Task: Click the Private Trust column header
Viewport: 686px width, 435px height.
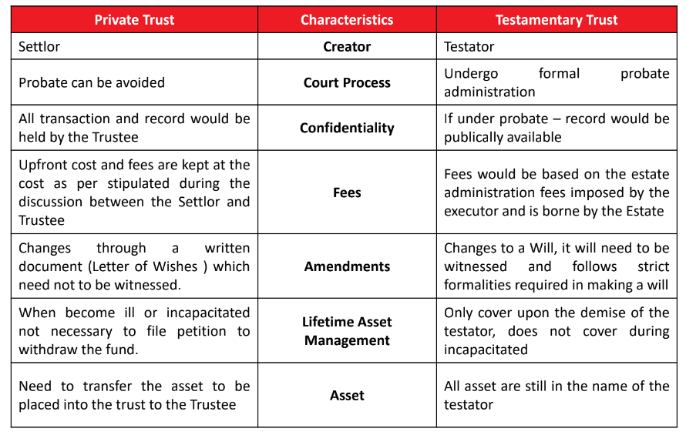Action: coord(134,20)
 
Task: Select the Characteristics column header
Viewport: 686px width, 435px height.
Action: coord(347,20)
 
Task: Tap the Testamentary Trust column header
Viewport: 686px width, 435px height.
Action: coord(557,20)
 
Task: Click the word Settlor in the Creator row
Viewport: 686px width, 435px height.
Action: coord(39,46)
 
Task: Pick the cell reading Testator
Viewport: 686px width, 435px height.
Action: coord(469,46)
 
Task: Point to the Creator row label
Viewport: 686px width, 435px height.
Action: coord(347,46)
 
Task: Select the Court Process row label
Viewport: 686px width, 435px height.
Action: coord(347,82)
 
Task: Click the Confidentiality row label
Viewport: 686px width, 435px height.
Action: coord(347,128)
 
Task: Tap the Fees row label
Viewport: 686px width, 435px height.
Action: coord(347,192)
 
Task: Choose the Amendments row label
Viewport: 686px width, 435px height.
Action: coord(347,266)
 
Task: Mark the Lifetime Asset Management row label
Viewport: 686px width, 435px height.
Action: coord(347,331)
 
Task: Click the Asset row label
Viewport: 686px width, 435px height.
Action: coord(347,395)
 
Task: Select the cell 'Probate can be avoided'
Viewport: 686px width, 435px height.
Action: coord(92,82)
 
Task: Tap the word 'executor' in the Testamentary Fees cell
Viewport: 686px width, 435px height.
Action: coord(472,211)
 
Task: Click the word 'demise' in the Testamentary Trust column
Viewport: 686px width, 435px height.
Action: coord(600,313)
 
